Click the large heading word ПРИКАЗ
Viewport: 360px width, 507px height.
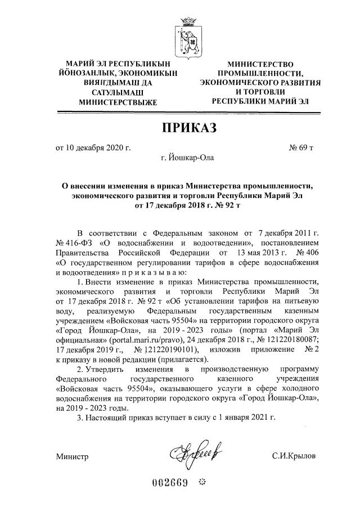[x=189, y=129]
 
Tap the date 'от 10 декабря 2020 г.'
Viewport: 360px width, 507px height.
[x=93, y=148]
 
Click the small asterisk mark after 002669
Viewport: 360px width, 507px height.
[x=204, y=483]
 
